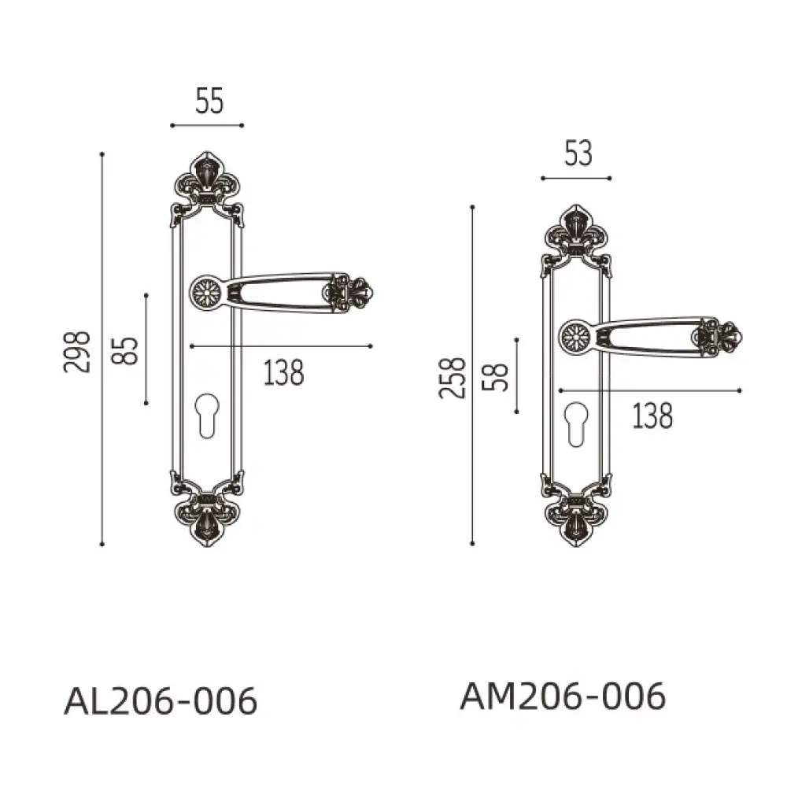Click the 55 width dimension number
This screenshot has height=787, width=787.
[209, 101]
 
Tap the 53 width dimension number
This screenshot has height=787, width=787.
[578, 153]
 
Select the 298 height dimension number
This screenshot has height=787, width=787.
[77, 352]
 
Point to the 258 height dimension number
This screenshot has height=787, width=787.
[453, 378]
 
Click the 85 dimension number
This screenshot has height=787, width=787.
[124, 350]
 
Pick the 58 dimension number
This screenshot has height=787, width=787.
[495, 377]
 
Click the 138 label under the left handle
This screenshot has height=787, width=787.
[284, 373]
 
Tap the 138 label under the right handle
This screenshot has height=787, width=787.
[652, 416]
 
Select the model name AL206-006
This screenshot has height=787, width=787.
[161, 701]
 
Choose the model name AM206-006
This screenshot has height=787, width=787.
[563, 696]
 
